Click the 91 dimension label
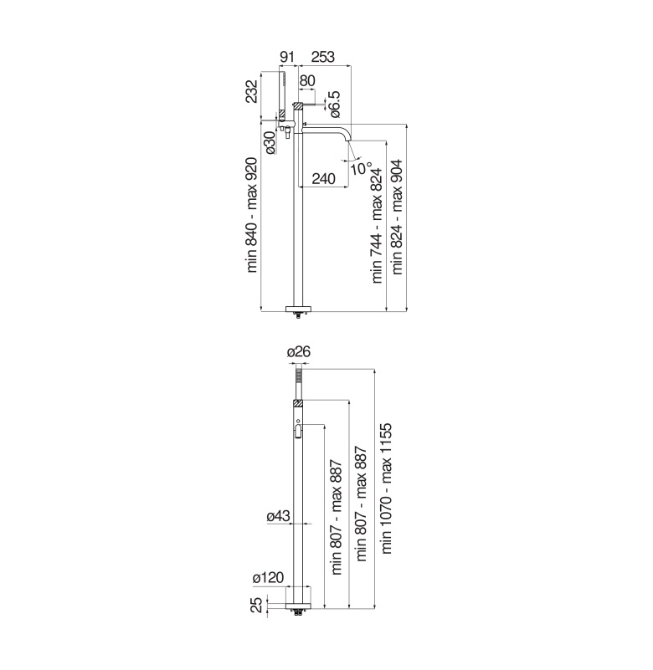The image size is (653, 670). [287, 57]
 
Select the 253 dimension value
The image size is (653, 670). [323, 57]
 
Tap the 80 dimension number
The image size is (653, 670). [307, 81]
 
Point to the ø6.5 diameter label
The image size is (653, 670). [334, 105]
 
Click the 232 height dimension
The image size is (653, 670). [252, 91]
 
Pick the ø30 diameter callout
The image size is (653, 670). [270, 142]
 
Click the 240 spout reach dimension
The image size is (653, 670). [324, 179]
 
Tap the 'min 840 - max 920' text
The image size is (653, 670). [252, 215]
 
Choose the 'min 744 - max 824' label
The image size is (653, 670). [377, 226]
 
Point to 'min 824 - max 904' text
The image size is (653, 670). [398, 217]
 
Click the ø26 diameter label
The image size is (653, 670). [299, 352]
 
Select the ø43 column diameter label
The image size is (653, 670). [279, 516]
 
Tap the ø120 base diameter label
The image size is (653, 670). [268, 578]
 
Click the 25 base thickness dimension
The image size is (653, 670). [256, 605]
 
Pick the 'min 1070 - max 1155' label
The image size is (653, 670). [387, 488]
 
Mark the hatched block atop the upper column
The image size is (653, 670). [298, 105]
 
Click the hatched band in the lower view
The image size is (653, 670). [298, 403]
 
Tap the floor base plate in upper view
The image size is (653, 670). [299, 309]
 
